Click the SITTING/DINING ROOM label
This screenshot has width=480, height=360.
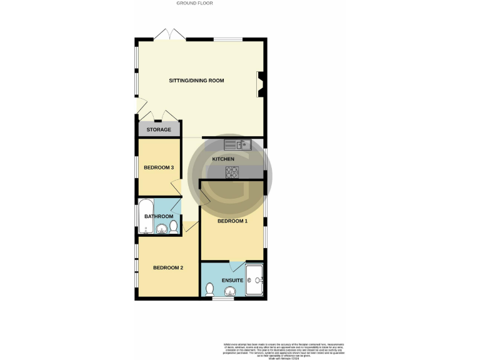pyautogui.click(x=196, y=81)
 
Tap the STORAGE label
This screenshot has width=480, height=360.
pyautogui.click(x=159, y=129)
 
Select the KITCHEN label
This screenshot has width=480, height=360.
pyautogui.click(x=223, y=159)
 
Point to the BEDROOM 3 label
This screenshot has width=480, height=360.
pyautogui.click(x=159, y=167)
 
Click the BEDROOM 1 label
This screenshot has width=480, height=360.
pyautogui.click(x=232, y=221)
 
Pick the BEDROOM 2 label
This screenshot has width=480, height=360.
pyautogui.click(x=168, y=268)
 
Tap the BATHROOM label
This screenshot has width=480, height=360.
pyautogui.click(x=159, y=216)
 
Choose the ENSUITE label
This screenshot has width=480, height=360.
pyautogui.click(x=232, y=280)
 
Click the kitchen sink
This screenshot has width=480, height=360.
pyautogui.click(x=237, y=145)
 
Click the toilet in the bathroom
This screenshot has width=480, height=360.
pyautogui.click(x=174, y=227)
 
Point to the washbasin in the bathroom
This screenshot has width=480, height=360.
pyautogui.click(x=161, y=229)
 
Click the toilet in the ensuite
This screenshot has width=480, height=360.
pyautogui.click(x=210, y=289)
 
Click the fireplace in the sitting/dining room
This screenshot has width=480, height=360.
pyautogui.click(x=259, y=85)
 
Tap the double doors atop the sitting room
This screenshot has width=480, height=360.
pyautogui.click(x=169, y=35)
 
